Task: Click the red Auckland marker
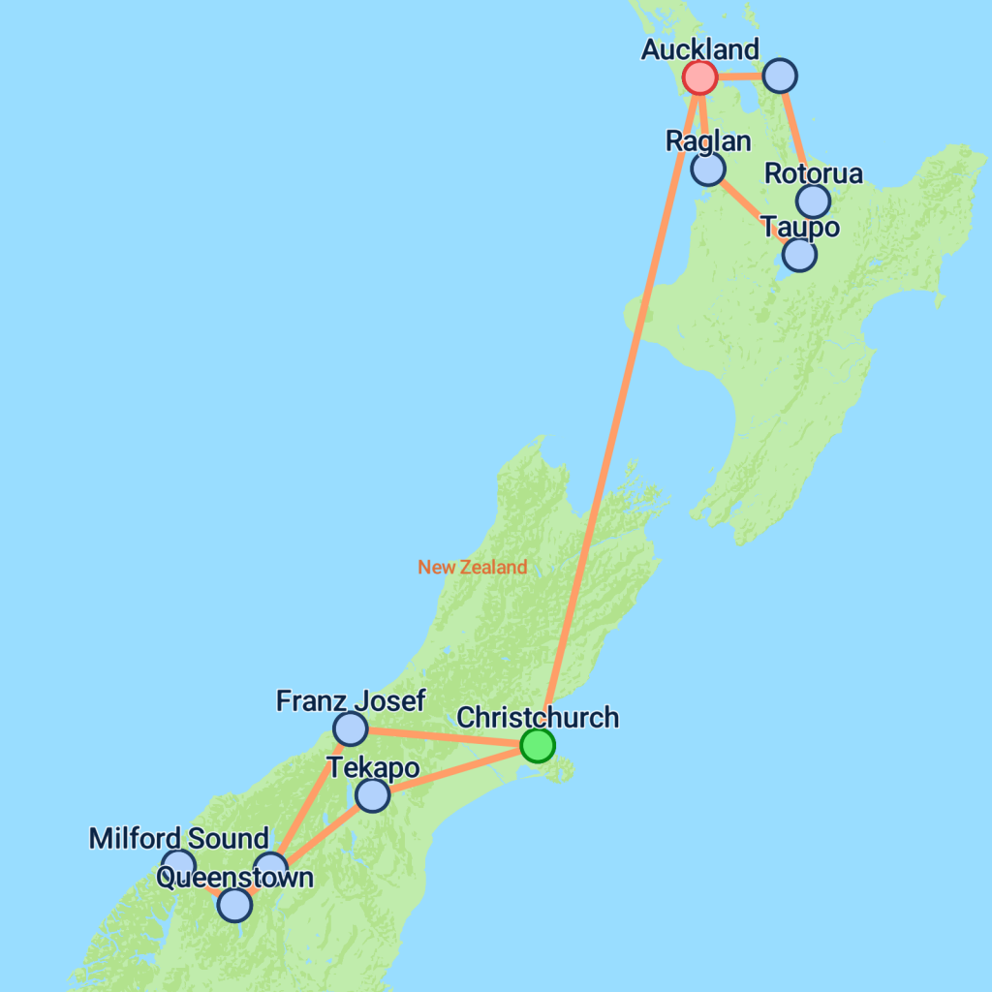tap(699, 77)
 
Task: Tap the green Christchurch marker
tap(537, 745)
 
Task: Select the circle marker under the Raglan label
tap(708, 169)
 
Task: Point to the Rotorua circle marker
tap(813, 201)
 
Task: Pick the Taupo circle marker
tap(799, 254)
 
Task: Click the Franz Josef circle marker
tap(350, 728)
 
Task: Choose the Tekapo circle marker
tap(372, 795)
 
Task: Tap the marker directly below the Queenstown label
tap(234, 905)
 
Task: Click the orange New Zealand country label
tap(473, 567)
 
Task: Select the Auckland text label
tap(699, 49)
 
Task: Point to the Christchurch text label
tap(537, 718)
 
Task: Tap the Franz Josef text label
tap(350, 700)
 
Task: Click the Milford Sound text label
tap(178, 838)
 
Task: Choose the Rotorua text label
tap(813, 174)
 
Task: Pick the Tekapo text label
tap(373, 768)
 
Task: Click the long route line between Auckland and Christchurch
tap(620, 407)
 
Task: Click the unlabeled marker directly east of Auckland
tap(780, 75)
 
